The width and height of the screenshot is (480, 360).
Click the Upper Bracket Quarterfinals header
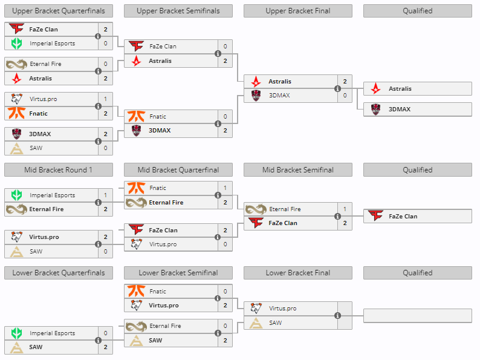(58, 11)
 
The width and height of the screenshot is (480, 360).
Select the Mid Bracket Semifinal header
(297, 170)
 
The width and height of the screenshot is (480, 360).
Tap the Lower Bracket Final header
(297, 273)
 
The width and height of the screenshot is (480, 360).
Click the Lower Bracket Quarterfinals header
(58, 273)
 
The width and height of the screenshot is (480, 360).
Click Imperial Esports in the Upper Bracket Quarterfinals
(52, 44)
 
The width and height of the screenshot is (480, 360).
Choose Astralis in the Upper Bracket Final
(280, 82)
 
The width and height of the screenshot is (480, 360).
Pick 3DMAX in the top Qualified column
(400, 110)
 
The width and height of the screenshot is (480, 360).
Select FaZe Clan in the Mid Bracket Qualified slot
(403, 216)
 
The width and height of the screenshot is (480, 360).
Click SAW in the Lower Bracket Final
(276, 323)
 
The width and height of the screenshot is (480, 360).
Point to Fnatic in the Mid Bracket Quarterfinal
(158, 188)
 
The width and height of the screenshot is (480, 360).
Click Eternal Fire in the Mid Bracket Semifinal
(285, 209)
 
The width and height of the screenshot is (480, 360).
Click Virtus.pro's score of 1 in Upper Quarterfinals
(105, 99)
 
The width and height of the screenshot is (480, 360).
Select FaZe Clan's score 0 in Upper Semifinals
(225, 47)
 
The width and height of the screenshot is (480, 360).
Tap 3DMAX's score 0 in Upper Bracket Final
(345, 95)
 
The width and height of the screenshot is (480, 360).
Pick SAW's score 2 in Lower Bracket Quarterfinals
(105, 347)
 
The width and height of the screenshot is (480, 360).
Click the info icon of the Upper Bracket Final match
(337, 88)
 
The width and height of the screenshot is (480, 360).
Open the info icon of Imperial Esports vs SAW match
(98, 340)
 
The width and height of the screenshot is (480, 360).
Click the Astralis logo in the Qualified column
(376, 89)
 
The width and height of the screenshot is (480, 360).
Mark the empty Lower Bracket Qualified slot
(417, 316)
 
